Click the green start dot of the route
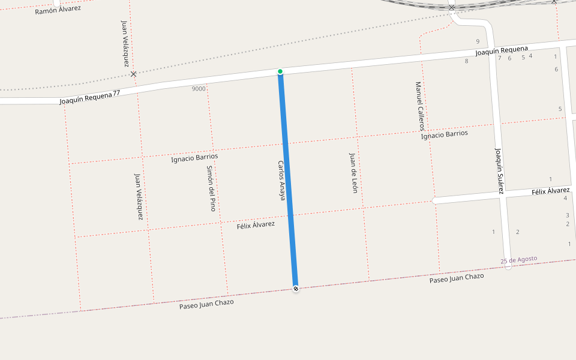(x=280, y=71)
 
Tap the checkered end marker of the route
(x=296, y=289)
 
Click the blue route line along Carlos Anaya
(x=288, y=180)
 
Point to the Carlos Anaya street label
(x=281, y=180)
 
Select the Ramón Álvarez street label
(x=58, y=10)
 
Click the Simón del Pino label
(x=211, y=188)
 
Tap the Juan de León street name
(x=353, y=172)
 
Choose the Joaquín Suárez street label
(x=499, y=170)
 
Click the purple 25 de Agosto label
(x=519, y=259)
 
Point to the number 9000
(x=199, y=89)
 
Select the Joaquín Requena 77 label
(x=90, y=97)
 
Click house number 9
(x=478, y=41)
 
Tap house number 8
(x=466, y=61)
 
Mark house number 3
(x=567, y=215)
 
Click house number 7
(x=499, y=58)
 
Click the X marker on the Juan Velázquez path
(x=133, y=74)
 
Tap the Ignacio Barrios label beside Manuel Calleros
(x=444, y=134)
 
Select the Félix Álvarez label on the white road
(x=550, y=191)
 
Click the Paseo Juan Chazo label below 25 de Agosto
(x=456, y=278)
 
